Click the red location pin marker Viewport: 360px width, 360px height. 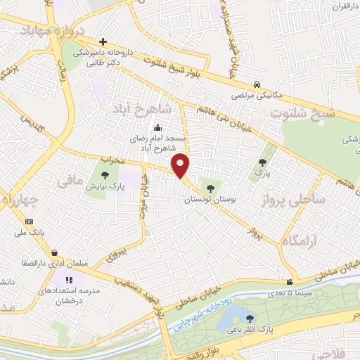coord(181,165)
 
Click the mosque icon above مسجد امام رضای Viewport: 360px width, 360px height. coord(157,128)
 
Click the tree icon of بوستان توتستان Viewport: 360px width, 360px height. coord(209,188)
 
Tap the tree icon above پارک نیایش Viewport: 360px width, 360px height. coord(104,174)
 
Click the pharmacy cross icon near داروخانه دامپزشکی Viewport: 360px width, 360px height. coord(103,41)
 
